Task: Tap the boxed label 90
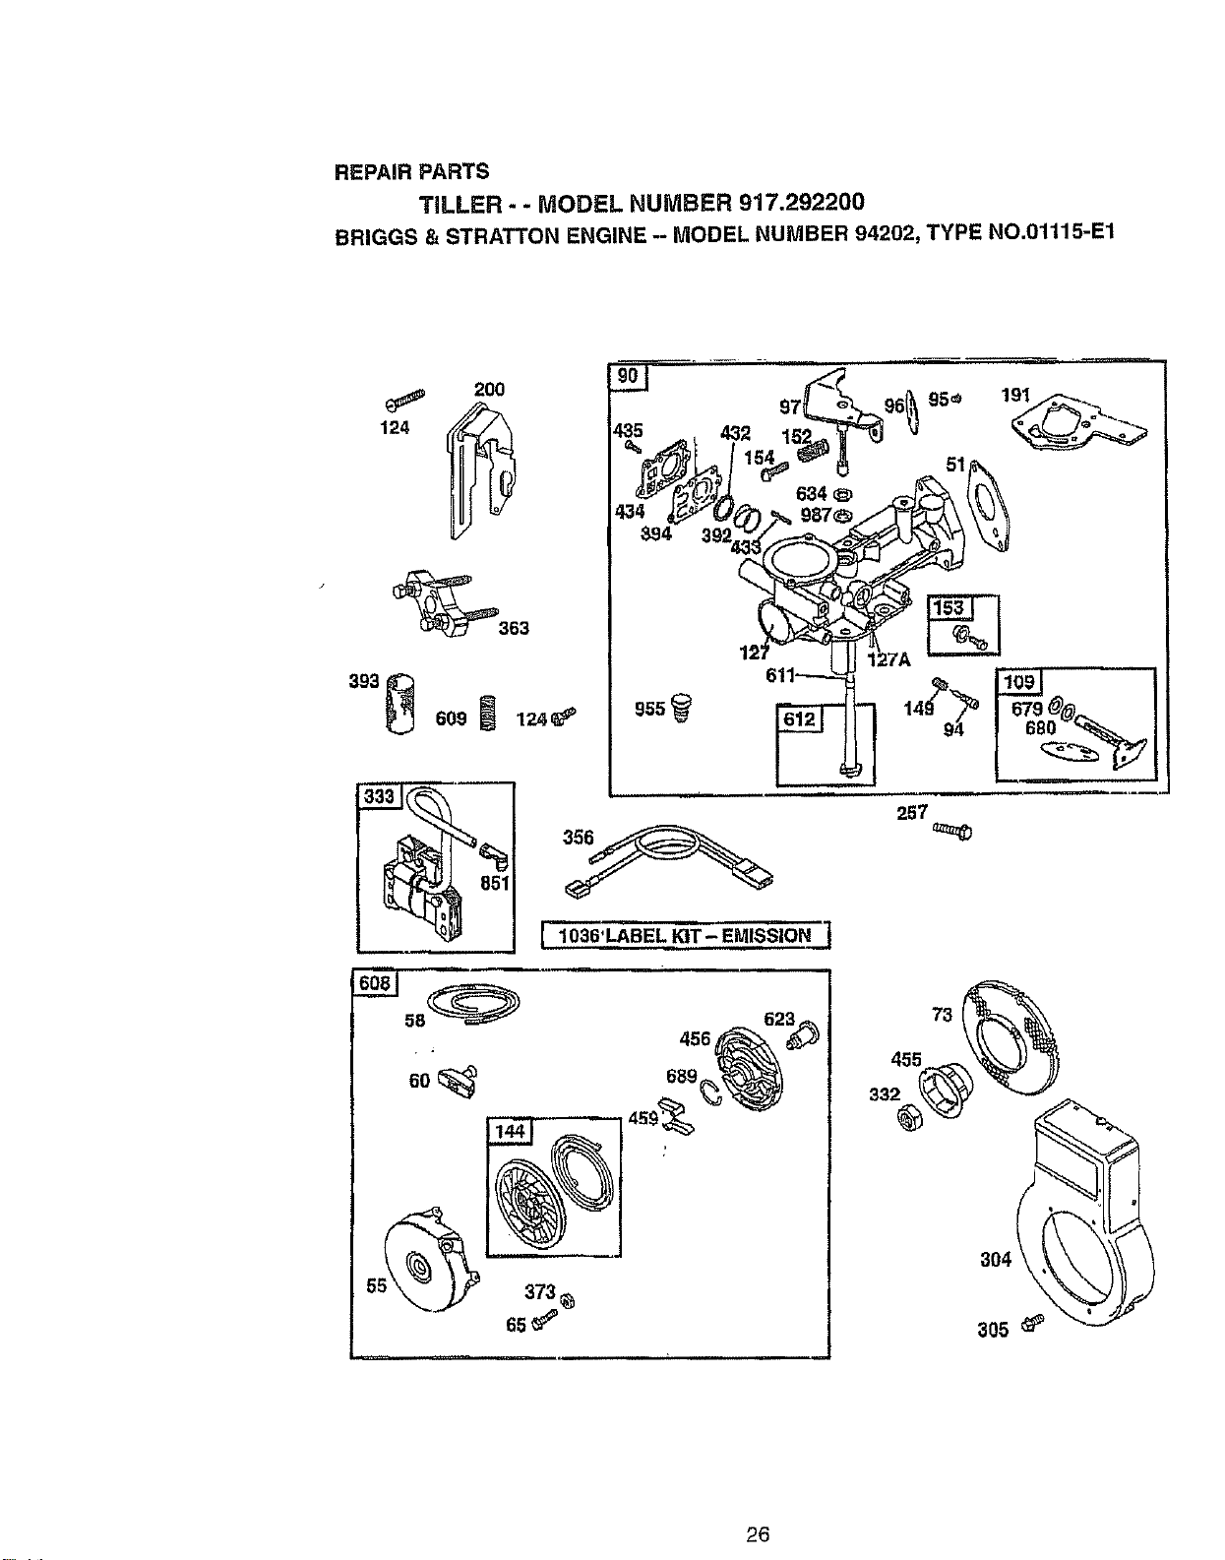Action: [x=628, y=376]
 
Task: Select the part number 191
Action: [x=1015, y=394]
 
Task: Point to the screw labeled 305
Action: [x=1035, y=1320]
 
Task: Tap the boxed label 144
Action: [x=510, y=1131]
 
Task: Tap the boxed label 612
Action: [x=799, y=718]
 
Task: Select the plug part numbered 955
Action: [x=681, y=708]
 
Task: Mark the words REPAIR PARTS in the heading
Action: [x=412, y=171]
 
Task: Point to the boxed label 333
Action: [x=380, y=796]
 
